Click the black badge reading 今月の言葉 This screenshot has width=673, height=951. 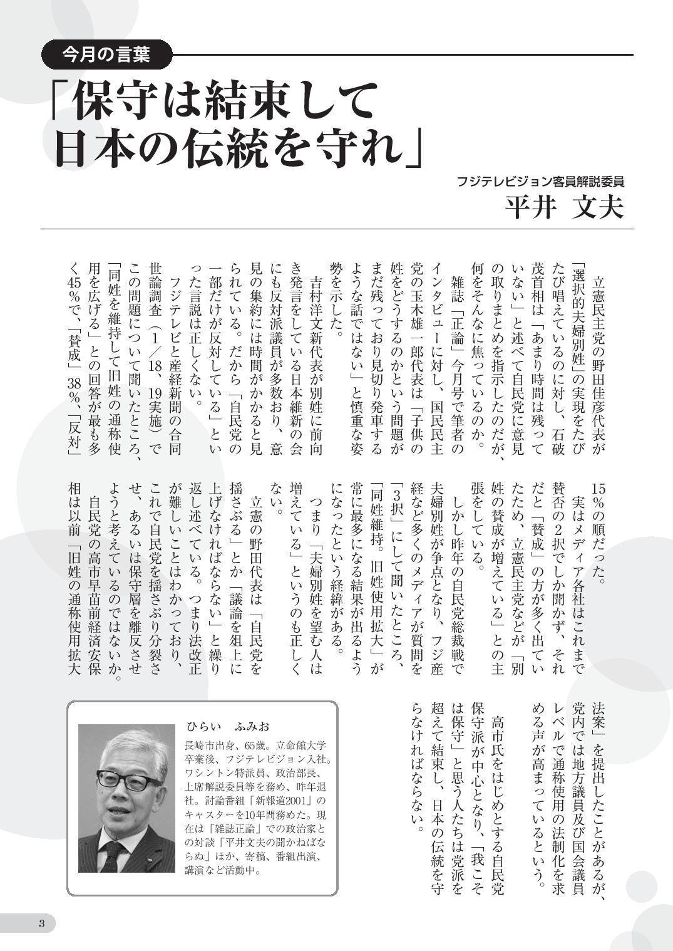point(106,55)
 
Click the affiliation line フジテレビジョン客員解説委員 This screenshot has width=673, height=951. point(541,182)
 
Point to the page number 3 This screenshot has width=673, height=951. point(41,923)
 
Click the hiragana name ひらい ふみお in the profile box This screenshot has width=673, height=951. point(227,727)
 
